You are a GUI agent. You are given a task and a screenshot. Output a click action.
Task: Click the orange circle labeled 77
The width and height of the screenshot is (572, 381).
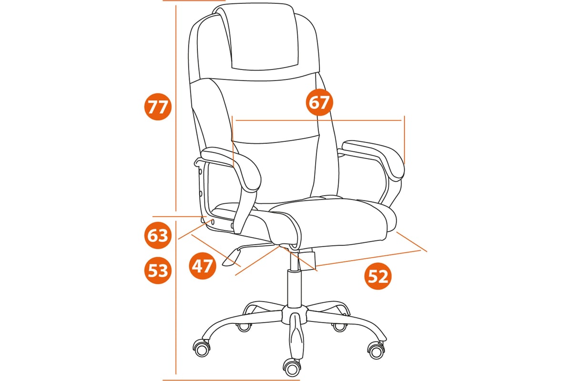[x=158, y=107]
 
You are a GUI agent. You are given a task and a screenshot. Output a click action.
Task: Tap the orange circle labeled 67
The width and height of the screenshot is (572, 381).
[x=319, y=102]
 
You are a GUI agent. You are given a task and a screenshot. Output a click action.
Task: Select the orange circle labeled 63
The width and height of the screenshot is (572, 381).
[x=158, y=235]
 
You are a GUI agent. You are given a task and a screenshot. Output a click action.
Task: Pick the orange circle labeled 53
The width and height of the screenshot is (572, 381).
[x=158, y=271]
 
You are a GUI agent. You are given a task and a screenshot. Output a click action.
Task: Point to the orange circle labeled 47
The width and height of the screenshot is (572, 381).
[x=203, y=266]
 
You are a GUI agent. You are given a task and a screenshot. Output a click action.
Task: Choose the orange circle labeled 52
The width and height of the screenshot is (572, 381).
[x=378, y=276]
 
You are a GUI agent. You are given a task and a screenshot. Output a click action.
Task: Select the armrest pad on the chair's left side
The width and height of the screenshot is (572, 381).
[x=232, y=169]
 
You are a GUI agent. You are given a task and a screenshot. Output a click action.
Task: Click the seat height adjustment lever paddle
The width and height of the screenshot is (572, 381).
[x=232, y=258]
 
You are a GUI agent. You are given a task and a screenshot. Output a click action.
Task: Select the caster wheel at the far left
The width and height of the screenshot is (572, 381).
[x=202, y=348]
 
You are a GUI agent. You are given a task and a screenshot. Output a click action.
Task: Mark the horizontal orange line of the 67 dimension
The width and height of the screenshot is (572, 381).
[x=318, y=120]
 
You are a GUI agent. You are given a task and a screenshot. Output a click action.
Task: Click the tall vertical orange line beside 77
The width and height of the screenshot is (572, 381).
[x=176, y=108]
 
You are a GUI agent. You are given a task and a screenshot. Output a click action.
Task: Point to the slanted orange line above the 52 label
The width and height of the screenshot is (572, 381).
[x=368, y=258]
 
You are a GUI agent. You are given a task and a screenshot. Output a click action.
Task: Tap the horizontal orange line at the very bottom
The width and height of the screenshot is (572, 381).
[x=231, y=380]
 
